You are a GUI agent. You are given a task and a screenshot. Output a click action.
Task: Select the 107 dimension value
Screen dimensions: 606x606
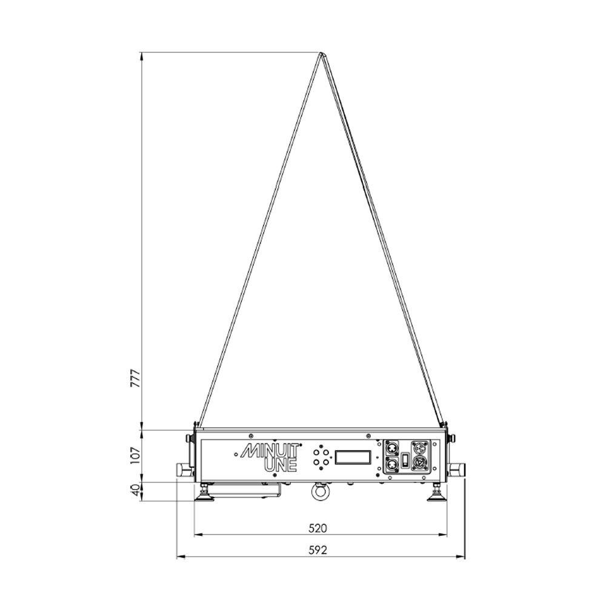coord(136,456)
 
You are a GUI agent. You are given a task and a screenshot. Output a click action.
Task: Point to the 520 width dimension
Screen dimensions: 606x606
coord(318,528)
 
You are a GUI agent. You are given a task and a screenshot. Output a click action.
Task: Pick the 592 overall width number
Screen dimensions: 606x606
coord(318,550)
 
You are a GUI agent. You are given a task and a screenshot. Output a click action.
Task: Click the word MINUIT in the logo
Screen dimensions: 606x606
coord(270,451)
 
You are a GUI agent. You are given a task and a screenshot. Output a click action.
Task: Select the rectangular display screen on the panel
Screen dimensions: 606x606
coord(353,457)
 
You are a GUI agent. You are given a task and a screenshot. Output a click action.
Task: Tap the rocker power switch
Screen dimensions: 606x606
coord(405,460)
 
